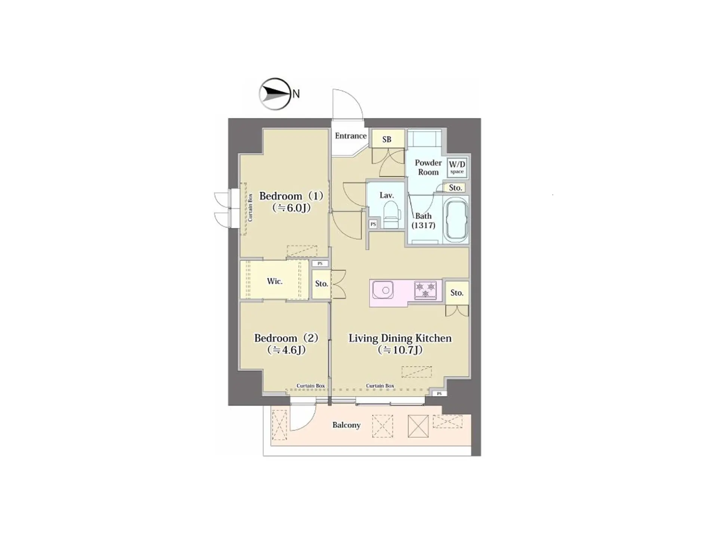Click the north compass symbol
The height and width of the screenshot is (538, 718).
click(x=275, y=94)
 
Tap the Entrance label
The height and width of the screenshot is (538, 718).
click(x=350, y=136)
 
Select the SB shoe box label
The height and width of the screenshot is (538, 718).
click(x=387, y=139)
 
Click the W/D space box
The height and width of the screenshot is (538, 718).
click(x=457, y=166)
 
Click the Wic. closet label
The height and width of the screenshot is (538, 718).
click(x=274, y=281)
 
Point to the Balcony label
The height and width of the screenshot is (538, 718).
click(x=346, y=425)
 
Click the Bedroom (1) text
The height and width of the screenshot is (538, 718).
click(x=291, y=196)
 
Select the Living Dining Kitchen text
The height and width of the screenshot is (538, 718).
click(x=400, y=338)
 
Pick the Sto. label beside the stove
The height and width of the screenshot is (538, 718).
click(x=457, y=293)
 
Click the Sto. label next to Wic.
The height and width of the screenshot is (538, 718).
click(x=321, y=284)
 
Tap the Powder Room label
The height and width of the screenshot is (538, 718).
click(x=428, y=167)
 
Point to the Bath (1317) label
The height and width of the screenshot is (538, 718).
click(x=423, y=221)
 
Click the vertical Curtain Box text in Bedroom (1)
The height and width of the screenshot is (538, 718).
click(x=250, y=207)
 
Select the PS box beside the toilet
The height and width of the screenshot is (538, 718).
click(x=373, y=224)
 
